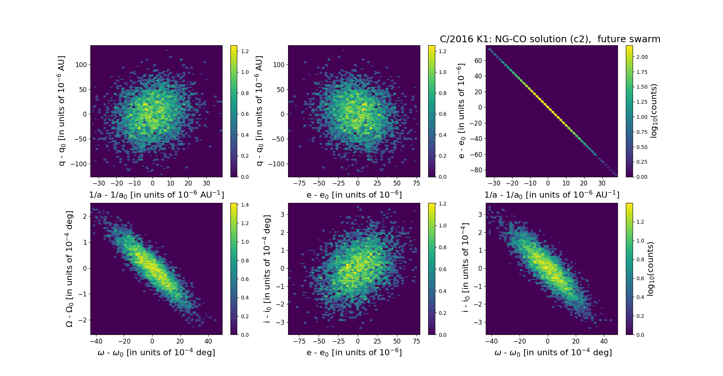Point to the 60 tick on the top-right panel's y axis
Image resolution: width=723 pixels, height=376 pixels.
tap(478, 60)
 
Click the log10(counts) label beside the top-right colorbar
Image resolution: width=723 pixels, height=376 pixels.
tap(654, 111)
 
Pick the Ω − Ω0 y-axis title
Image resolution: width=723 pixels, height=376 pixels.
tap(69, 269)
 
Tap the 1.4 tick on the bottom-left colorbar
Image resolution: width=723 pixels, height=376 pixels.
tap(245, 205)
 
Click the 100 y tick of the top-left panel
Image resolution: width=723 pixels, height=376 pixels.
tap(81, 64)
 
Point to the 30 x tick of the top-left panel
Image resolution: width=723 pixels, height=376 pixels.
tap(206, 183)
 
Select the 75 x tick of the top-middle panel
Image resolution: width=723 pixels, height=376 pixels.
tap(416, 183)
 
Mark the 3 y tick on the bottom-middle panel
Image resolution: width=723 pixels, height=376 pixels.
tap(281, 214)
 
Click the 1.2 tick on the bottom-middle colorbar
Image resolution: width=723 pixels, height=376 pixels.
tap(442, 204)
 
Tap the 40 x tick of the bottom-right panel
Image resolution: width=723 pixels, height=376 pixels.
tap(604, 341)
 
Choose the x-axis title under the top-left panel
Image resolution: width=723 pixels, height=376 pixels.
tap(156, 195)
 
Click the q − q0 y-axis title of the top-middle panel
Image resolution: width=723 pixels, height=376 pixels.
tap(259, 111)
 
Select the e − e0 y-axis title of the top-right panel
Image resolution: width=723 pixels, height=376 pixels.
tap(461, 111)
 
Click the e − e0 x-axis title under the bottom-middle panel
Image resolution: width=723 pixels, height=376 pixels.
tap(354, 353)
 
